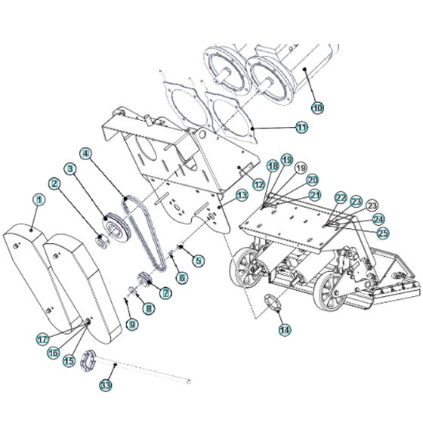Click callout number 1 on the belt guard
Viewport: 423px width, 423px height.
coord(38,199)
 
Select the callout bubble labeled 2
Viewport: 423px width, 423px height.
coord(55,183)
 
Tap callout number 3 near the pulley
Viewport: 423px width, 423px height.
coord(70,168)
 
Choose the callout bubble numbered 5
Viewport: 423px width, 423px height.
coord(199,261)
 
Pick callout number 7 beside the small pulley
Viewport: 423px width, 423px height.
coord(165,292)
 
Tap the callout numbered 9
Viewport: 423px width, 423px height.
coord(132,324)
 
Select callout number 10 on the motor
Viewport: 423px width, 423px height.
coord(316,109)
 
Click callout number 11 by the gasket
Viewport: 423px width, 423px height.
coord(301,128)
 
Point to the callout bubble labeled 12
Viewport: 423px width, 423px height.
coord(258,184)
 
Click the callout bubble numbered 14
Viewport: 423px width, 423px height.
coord(283,329)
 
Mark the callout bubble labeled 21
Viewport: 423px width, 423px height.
coord(314,194)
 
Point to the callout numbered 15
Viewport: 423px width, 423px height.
coord(69,362)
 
